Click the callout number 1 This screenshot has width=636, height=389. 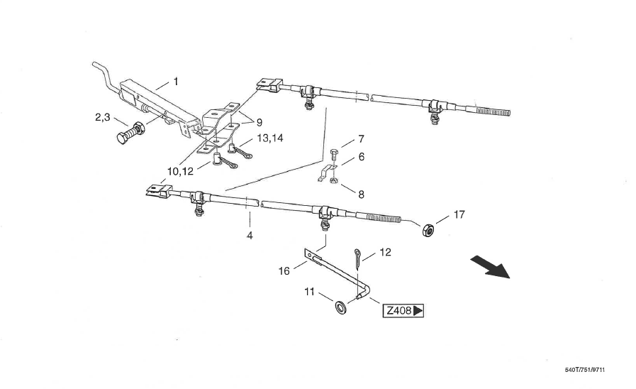[176, 82]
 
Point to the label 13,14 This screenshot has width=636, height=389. [270, 138]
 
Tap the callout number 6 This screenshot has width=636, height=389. [361, 157]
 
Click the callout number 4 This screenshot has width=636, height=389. [250, 235]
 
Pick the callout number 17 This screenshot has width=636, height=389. [459, 214]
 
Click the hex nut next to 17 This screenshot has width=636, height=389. [429, 231]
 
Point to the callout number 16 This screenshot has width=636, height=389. [284, 270]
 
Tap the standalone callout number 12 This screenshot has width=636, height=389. [385, 252]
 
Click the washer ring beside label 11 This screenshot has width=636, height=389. [340, 307]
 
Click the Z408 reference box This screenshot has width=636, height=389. [403, 311]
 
